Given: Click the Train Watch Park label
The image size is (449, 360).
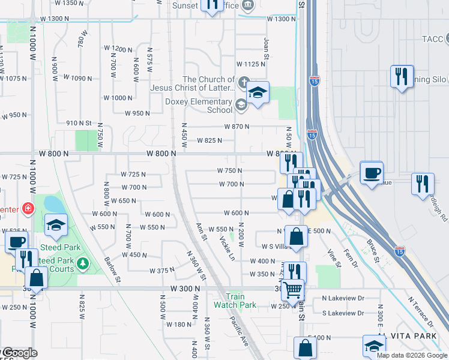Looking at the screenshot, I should tap(241, 301).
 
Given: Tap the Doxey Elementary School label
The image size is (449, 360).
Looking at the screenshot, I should tap(199, 106).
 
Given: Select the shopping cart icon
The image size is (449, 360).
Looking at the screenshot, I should tap(293, 290).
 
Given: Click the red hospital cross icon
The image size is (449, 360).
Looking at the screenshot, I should tap(27, 209).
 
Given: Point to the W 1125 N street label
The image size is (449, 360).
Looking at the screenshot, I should tap(251, 64).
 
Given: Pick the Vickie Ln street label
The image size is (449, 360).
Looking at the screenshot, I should tap(227, 248).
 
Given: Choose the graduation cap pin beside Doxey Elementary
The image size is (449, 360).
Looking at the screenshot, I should tap(258, 93).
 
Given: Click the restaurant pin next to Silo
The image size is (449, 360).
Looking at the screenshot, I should tap(401, 76).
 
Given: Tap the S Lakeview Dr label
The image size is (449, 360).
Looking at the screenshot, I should tap(343, 313).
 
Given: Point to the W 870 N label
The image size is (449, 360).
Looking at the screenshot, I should tap(237, 127).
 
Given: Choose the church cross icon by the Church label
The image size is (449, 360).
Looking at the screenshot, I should tap(243, 82).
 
